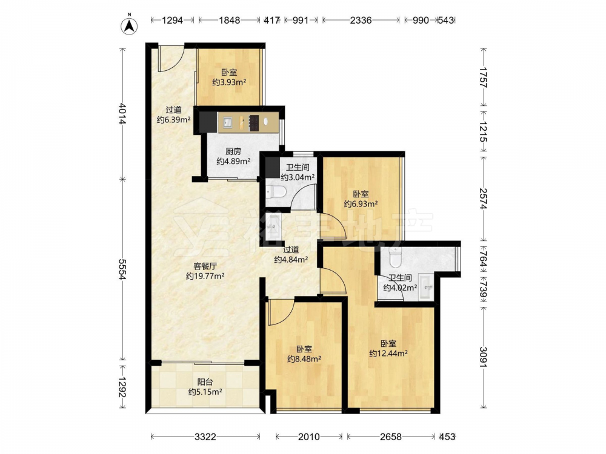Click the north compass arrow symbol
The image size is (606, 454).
pos(130,26)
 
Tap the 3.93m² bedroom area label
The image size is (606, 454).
pos(230,82)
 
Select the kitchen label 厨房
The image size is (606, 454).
pos(233,151)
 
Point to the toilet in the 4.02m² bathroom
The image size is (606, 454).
pos(395,258)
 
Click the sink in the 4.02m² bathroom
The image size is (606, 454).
pos(426,287)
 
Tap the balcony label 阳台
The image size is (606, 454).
pos(205,382)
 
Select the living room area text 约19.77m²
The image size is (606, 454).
pos(205,276)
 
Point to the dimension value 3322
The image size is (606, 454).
pos(205,436)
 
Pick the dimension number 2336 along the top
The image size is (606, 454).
pos(361,20)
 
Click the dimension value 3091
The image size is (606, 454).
pos(484,357)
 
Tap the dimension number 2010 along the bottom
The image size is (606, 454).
pos(309,436)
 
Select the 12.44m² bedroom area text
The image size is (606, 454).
pos(388,354)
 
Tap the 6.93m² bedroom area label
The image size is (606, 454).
pos(361,204)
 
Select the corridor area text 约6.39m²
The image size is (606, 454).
pos(173,120)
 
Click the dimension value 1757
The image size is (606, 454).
pos(484,77)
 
